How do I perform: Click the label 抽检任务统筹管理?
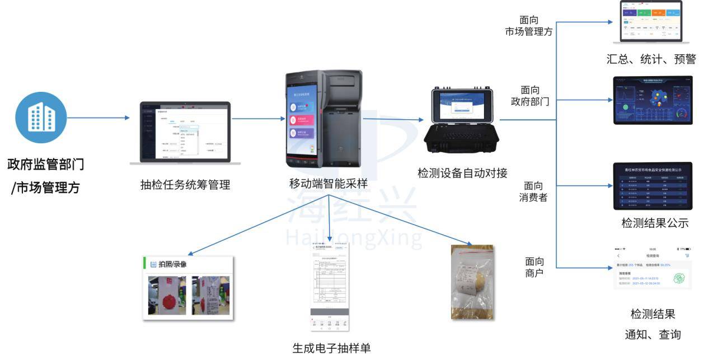(x=185, y=185)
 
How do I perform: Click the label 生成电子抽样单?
(x=331, y=348)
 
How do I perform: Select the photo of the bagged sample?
(x=472, y=282)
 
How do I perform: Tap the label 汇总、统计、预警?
(x=651, y=59)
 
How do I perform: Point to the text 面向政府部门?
(x=529, y=96)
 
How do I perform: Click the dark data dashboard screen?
(x=653, y=100)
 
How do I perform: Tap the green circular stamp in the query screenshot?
(x=678, y=278)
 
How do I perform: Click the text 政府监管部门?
(x=46, y=165)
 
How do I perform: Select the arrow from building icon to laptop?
(x=98, y=118)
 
